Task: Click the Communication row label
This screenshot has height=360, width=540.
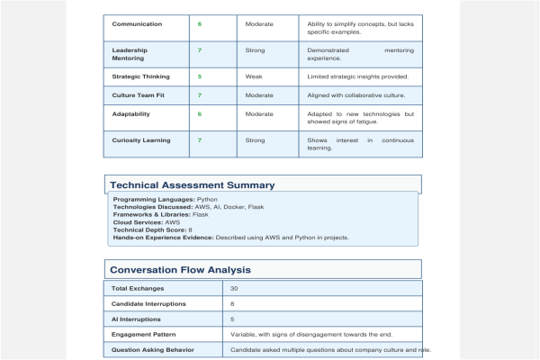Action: (x=138, y=23)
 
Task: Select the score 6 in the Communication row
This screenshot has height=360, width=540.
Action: (x=200, y=23)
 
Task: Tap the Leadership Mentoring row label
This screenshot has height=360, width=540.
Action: (x=130, y=55)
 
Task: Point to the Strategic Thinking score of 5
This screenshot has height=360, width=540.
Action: (x=200, y=76)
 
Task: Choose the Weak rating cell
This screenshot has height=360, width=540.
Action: (x=254, y=76)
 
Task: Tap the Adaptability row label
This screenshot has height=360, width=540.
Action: (x=131, y=114)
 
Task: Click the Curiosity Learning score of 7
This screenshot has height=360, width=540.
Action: (x=200, y=140)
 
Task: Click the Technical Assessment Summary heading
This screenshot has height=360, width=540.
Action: (x=193, y=185)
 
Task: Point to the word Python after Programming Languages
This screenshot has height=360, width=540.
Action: (x=207, y=199)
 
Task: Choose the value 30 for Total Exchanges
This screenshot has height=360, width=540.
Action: (x=234, y=289)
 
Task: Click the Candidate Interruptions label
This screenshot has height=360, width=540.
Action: (x=148, y=304)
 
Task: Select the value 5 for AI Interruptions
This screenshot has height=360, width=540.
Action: (x=232, y=319)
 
